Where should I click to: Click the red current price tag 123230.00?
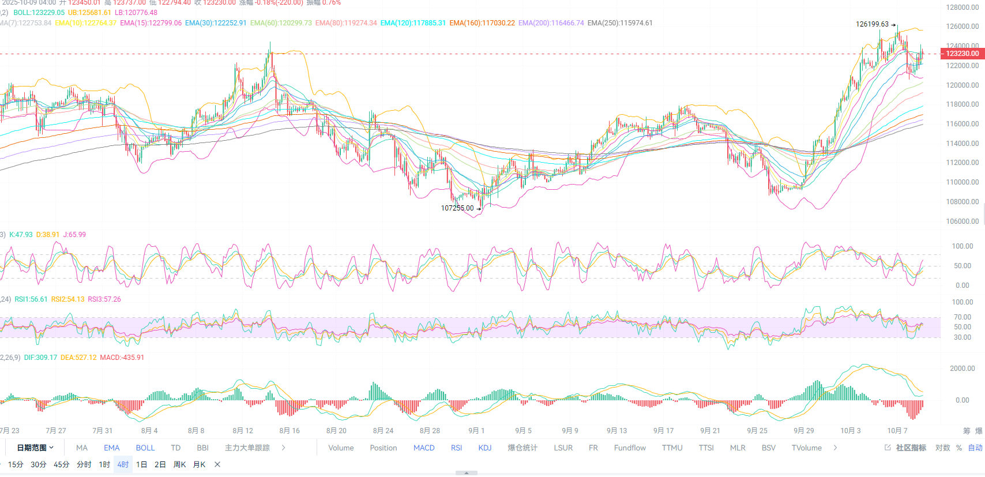[x=962, y=54]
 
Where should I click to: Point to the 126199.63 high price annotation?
[x=872, y=24]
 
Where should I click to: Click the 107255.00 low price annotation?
[x=457, y=208]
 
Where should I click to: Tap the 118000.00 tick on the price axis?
[x=962, y=104]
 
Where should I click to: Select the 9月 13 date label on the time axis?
[x=616, y=431]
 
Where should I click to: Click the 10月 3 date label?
[x=850, y=431]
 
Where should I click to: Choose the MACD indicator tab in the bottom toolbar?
[x=424, y=448]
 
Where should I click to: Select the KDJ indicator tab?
[x=484, y=448]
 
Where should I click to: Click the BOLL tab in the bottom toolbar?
[x=145, y=448]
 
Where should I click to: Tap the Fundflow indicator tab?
[x=630, y=448]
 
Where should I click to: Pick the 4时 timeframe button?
[x=123, y=465]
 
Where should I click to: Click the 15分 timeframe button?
[x=16, y=465]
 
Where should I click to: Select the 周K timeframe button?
[x=179, y=465]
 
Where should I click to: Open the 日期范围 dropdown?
[x=35, y=448]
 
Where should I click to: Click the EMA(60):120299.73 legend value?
[x=281, y=23]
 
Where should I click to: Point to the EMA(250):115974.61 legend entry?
[x=620, y=23]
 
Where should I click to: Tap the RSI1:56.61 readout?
[x=31, y=299]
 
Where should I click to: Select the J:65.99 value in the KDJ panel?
[x=74, y=235]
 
